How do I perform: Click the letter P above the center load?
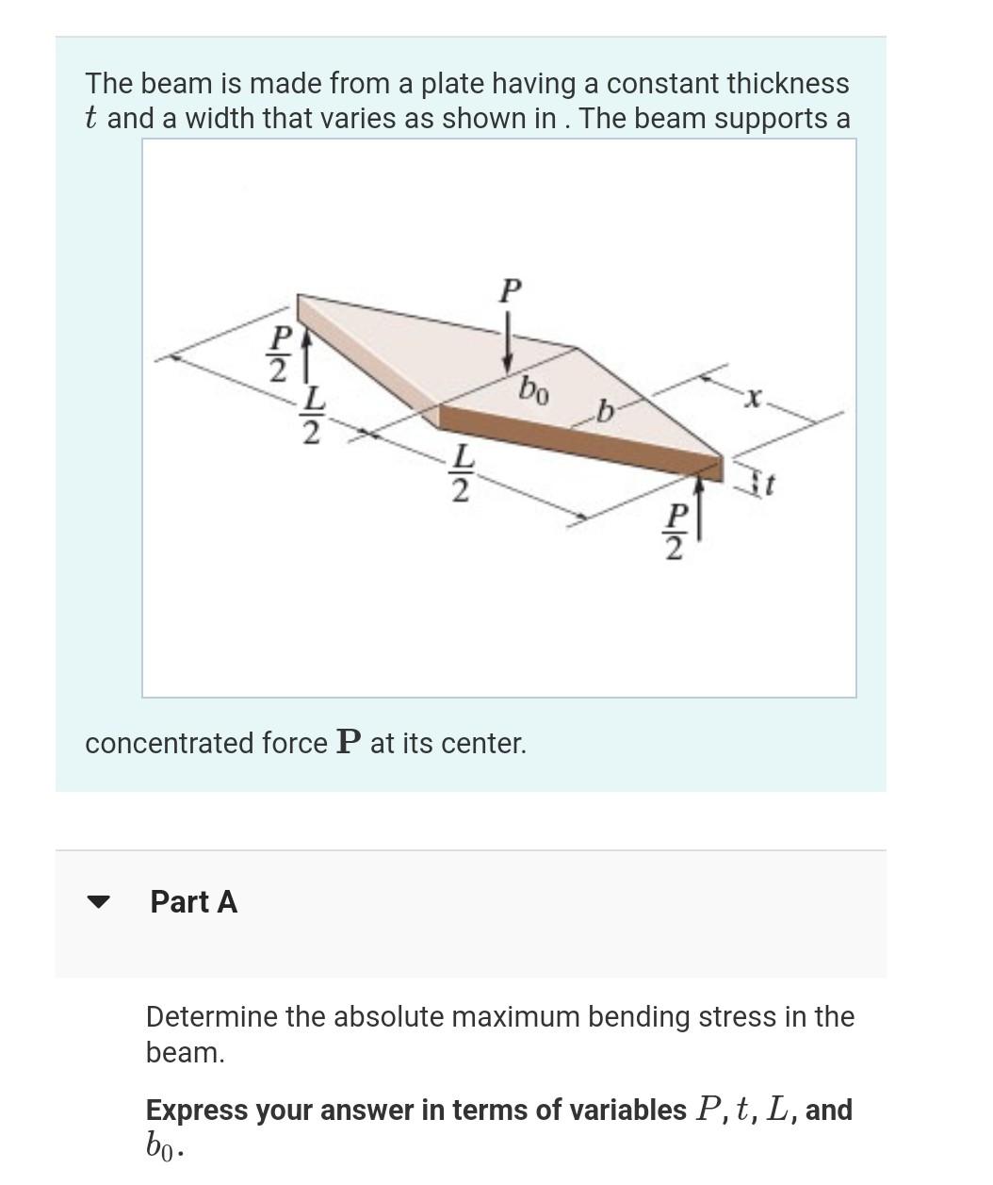tap(509, 289)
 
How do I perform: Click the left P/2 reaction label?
tap(279, 354)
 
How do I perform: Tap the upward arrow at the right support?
tap(699, 508)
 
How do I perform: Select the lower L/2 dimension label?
tap(460, 472)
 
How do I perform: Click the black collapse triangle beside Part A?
tap(98, 901)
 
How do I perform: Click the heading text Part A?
tap(193, 901)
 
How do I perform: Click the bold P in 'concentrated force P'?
tap(348, 743)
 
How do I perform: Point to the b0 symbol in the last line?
tap(162, 1145)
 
